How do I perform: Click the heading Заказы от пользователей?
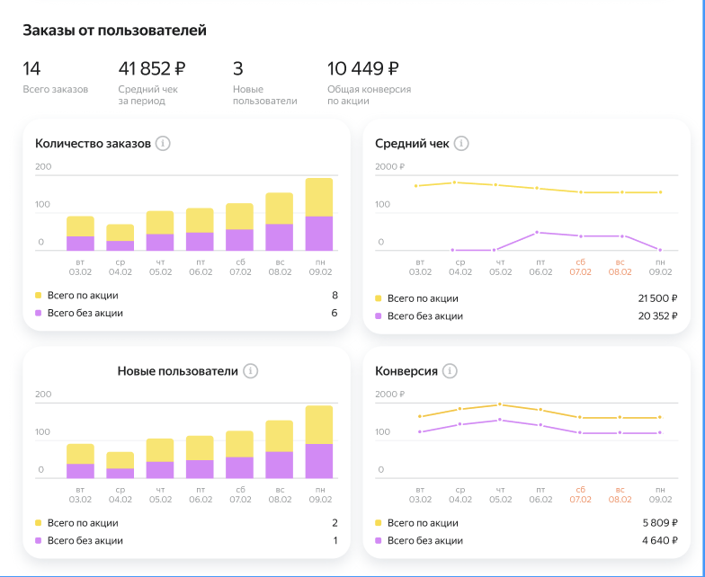click(114, 31)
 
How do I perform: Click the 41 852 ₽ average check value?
click(152, 68)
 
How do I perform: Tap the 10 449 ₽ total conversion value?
click(363, 68)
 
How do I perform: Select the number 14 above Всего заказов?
click(32, 68)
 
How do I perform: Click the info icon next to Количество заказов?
click(163, 143)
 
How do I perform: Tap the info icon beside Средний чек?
click(461, 143)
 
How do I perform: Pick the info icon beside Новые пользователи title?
click(251, 370)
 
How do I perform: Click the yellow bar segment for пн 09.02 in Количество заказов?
click(318, 197)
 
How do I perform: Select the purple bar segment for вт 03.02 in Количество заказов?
click(80, 243)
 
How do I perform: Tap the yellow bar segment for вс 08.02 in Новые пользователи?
click(279, 436)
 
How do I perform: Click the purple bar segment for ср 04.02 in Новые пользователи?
click(120, 473)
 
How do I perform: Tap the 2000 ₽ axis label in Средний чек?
click(390, 166)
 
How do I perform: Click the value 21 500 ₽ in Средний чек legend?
click(656, 297)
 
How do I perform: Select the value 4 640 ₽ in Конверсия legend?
click(658, 540)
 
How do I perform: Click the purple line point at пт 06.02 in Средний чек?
click(537, 232)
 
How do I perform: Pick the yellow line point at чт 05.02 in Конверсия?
click(499, 404)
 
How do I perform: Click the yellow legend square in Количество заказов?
click(39, 295)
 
